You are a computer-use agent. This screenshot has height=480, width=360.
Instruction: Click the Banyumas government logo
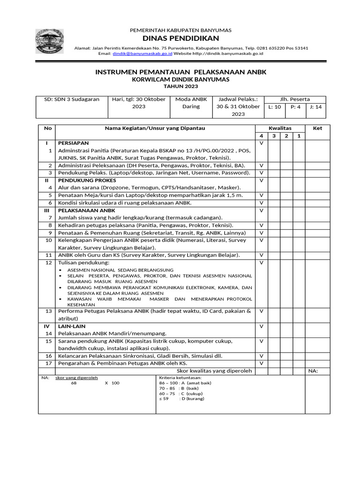(x=52, y=42)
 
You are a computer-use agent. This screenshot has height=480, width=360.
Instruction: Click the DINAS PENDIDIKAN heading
(x=180, y=38)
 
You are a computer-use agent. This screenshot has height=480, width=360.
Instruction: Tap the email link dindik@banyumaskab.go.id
(x=142, y=54)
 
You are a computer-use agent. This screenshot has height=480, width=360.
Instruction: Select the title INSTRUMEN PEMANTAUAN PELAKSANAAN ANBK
(x=180, y=72)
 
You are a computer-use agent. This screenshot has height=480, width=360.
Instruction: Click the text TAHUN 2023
(x=180, y=86)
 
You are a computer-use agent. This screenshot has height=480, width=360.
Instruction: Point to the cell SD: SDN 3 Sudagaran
(x=72, y=99)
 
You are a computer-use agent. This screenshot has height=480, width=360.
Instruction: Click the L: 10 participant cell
(x=274, y=107)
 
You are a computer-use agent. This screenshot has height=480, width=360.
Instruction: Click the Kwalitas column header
(x=280, y=128)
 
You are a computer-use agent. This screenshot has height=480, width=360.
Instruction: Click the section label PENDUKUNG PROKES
(x=80, y=180)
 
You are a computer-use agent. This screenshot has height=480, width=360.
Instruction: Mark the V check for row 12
(x=261, y=263)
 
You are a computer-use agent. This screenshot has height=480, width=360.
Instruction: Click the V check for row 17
(x=261, y=363)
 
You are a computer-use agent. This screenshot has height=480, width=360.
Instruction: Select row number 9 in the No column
(x=49, y=232)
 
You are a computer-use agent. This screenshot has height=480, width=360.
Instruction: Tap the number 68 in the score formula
(x=74, y=383)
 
